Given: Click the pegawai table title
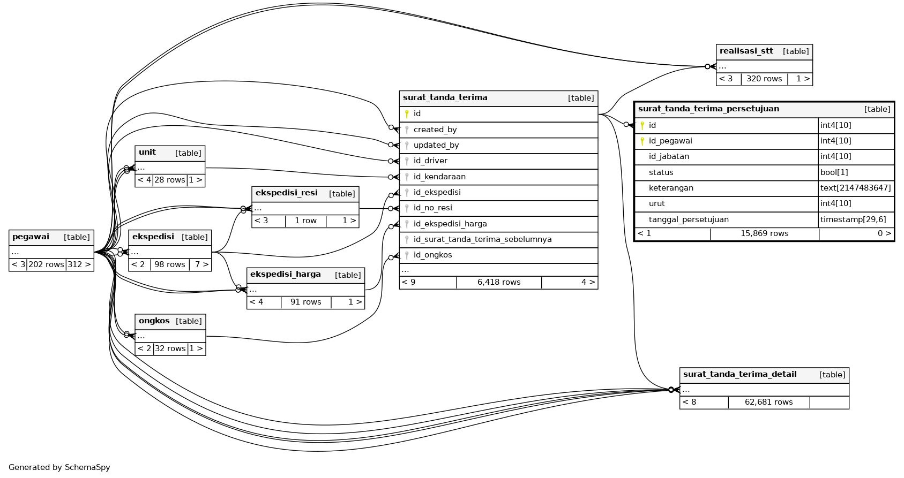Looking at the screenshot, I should (x=31, y=237).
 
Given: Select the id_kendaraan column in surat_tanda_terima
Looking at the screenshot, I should (x=439, y=177).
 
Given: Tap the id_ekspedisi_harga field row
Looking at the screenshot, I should (x=450, y=224).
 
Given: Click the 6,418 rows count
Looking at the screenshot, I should (x=499, y=282).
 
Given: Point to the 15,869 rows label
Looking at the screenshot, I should (x=764, y=233).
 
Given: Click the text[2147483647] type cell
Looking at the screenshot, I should (x=855, y=188).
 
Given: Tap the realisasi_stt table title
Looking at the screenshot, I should (x=746, y=51).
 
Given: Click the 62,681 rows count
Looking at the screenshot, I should (x=768, y=402).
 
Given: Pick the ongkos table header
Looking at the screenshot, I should (x=154, y=321).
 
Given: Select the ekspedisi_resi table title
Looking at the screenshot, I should (x=287, y=193).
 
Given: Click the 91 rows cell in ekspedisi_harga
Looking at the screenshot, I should (x=305, y=302).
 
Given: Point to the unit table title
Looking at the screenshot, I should (x=147, y=153).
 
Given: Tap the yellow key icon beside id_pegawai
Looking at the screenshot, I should (x=642, y=141).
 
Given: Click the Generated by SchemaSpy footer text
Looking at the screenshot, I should (x=59, y=467).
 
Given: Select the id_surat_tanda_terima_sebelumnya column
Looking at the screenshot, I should (x=482, y=239).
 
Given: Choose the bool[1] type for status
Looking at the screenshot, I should (x=831, y=172).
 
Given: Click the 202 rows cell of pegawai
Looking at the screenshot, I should (x=46, y=264).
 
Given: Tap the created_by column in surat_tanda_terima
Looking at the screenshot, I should (x=435, y=130).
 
